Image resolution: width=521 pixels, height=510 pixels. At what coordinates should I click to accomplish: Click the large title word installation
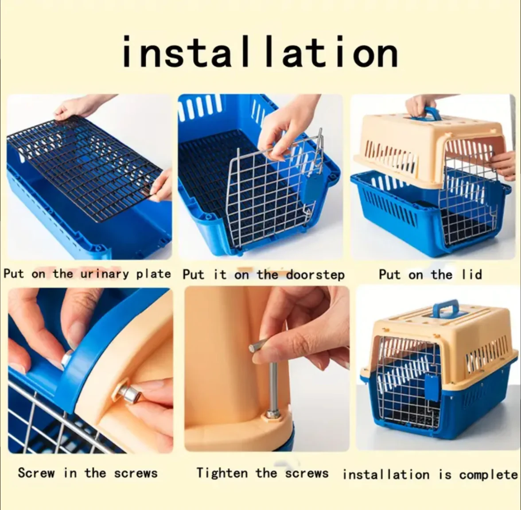pyautogui.click(x=260, y=51)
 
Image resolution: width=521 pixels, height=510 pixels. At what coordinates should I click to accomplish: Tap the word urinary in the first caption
pyautogui.click(x=105, y=274)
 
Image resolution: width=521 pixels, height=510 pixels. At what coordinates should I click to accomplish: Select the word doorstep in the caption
pyautogui.click(x=315, y=275)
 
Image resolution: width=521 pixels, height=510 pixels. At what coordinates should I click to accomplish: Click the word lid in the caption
pyautogui.click(x=471, y=274)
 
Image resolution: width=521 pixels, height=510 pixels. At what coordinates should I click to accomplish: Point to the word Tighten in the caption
pyautogui.click(x=222, y=473)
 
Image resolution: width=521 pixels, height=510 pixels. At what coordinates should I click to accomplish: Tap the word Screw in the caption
pyautogui.click(x=36, y=472)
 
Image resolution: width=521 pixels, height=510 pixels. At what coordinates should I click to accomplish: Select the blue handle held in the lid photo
pyautogui.click(x=427, y=113)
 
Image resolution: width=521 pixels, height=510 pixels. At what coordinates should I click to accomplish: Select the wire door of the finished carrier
pyautogui.click(x=408, y=385)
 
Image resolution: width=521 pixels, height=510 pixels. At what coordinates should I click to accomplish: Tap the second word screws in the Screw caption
pyautogui.click(x=136, y=473)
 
